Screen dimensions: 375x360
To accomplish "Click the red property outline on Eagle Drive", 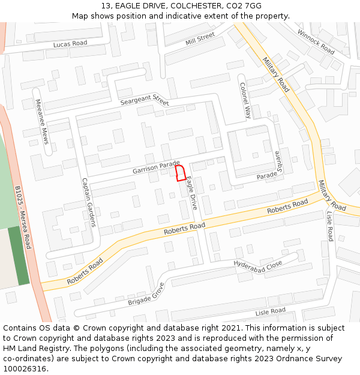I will [179, 173].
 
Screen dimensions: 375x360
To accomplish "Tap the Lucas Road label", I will [70, 44].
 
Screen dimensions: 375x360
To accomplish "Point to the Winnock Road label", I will [316, 41].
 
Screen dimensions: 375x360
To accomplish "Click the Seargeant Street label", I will [144, 100].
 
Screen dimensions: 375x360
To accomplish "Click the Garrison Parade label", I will [156, 167].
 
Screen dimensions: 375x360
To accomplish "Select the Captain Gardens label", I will [89, 202].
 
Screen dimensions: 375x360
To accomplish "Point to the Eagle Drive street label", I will [191, 193].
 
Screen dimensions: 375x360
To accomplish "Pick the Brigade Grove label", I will [146, 295].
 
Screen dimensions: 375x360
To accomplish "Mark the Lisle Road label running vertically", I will [329, 226].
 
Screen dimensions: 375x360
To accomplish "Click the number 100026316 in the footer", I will [25, 368].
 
